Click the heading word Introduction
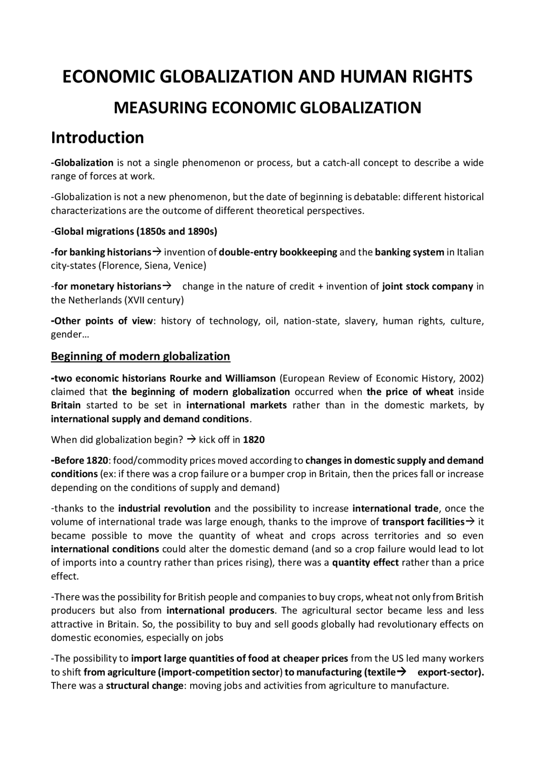(97, 138)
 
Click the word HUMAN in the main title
(369, 77)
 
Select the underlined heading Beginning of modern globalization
(140, 356)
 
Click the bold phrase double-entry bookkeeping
(278, 252)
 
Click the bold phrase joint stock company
(428, 287)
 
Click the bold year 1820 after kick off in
(254, 440)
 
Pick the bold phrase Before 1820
(79, 461)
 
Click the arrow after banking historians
(157, 252)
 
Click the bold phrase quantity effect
(365, 563)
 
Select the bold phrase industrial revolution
(164, 509)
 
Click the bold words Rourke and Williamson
(222, 378)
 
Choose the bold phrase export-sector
(450, 673)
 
